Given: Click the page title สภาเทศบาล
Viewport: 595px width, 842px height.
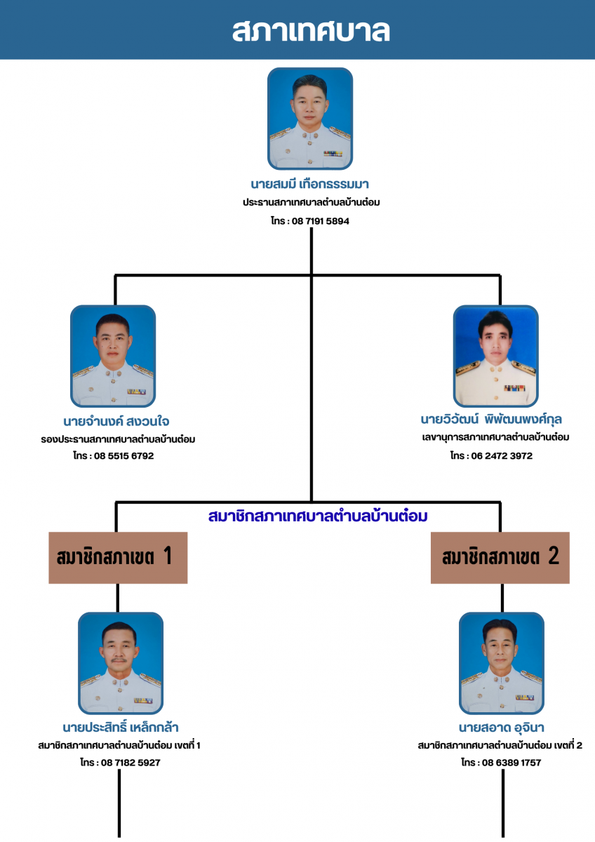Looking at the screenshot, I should click(311, 31).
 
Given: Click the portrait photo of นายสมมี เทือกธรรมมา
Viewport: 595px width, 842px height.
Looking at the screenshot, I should click(310, 119).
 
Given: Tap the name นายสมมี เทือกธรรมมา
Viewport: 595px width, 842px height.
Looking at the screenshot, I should click(310, 185).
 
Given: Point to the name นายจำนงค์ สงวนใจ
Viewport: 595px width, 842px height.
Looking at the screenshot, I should click(116, 422).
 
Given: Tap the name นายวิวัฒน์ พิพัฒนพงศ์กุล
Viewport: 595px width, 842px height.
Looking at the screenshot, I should click(491, 420).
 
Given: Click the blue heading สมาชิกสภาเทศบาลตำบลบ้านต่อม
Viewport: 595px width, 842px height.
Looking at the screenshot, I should click(318, 516).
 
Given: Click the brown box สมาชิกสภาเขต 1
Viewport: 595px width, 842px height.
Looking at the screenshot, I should click(118, 558).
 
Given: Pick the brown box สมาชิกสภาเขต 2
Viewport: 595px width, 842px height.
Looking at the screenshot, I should click(500, 558).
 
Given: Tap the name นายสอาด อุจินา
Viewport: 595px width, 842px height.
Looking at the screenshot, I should click(502, 727).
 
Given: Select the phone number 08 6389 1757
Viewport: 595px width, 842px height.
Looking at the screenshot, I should click(511, 762).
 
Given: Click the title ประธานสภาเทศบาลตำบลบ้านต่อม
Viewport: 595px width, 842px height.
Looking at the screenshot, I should click(312, 203).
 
